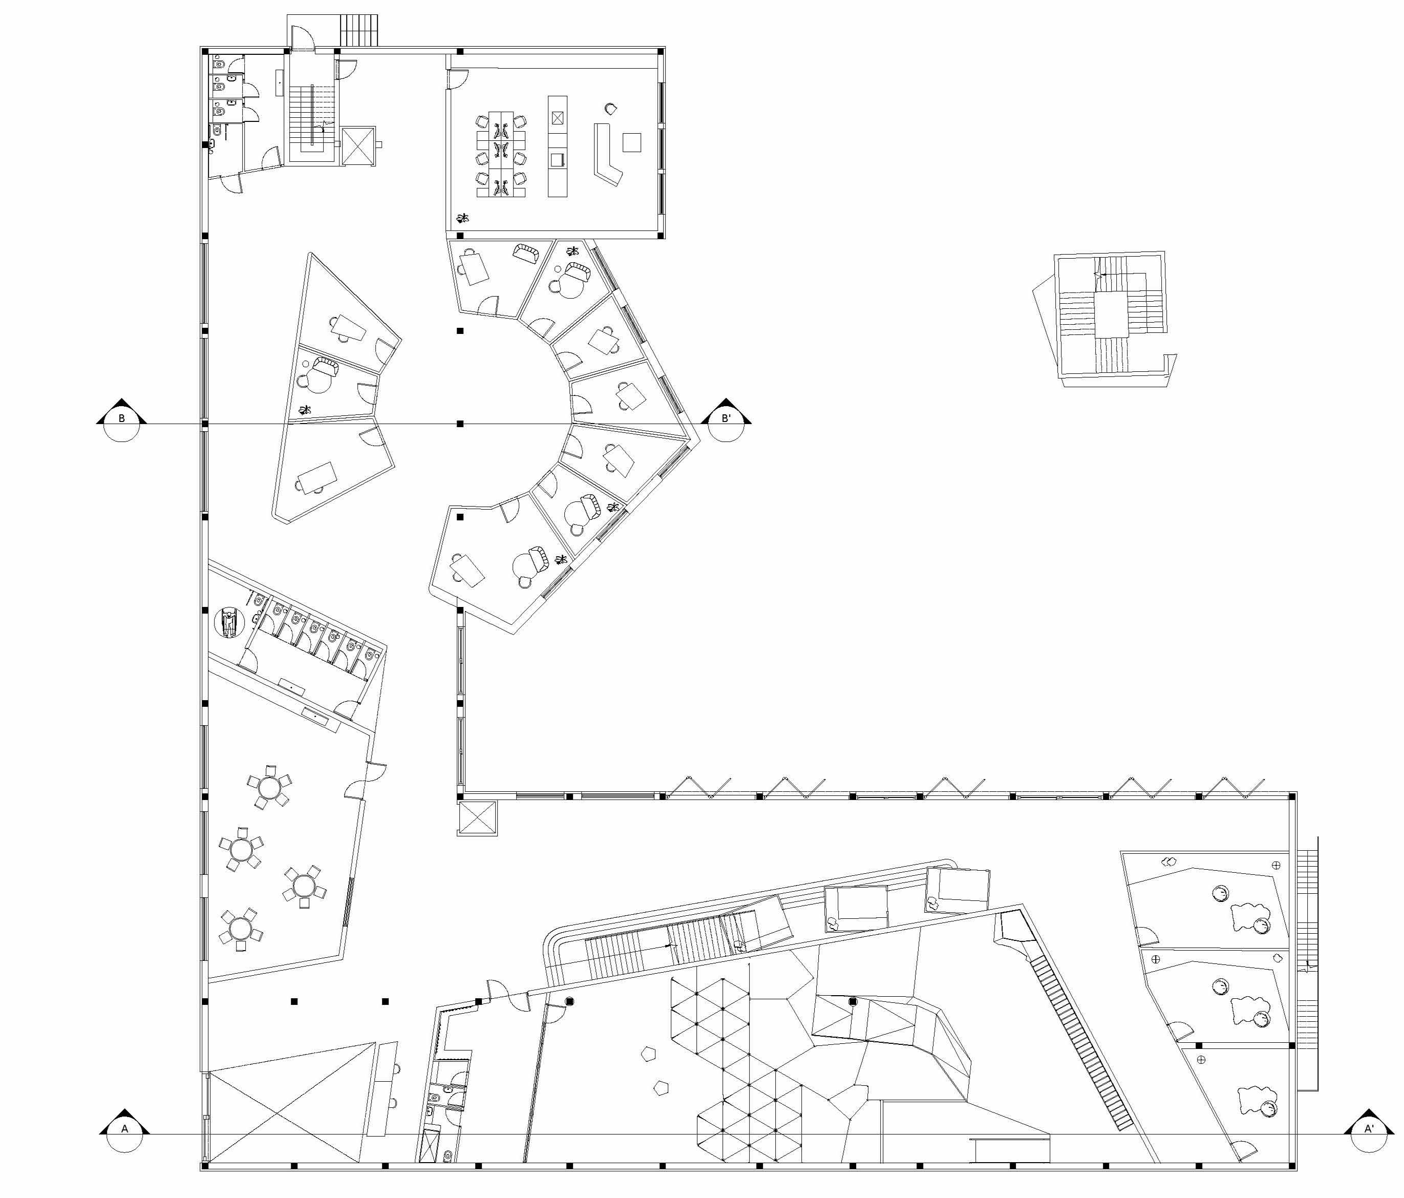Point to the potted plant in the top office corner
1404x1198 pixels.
(x=463, y=218)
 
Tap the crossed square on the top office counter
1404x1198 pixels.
(x=557, y=118)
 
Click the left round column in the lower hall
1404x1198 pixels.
(x=570, y=1001)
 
